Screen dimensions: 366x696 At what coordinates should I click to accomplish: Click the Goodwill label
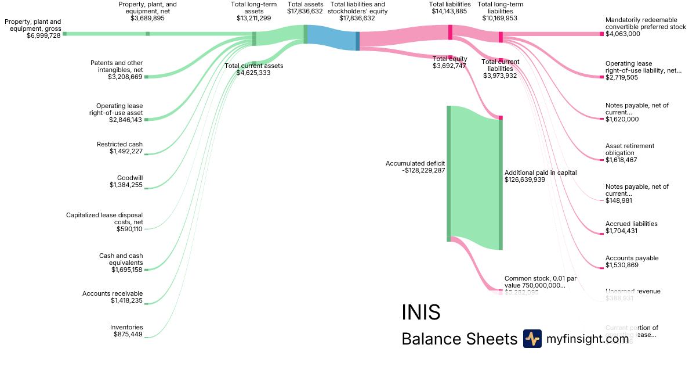click(x=130, y=178)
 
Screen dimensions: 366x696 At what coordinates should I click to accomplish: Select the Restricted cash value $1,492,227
click(x=126, y=152)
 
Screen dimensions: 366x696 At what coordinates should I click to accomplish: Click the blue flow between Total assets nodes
click(x=331, y=36)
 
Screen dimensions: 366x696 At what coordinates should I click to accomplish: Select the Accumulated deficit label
click(x=415, y=163)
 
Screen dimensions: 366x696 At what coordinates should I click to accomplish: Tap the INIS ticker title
click(x=420, y=313)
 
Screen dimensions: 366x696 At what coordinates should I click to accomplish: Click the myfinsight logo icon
click(x=532, y=339)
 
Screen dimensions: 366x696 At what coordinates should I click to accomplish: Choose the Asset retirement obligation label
click(x=630, y=149)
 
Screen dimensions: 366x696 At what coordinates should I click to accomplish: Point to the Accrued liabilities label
click(x=631, y=224)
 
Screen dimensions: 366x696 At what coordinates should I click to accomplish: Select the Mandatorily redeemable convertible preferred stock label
click(x=646, y=23)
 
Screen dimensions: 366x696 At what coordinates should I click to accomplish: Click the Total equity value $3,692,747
click(x=449, y=66)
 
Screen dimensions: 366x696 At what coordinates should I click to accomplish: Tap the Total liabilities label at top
click(x=449, y=4)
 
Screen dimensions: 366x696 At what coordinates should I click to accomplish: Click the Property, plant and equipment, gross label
click(x=32, y=25)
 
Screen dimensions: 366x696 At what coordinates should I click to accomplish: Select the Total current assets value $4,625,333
click(x=253, y=73)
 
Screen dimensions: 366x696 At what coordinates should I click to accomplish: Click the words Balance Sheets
click(x=459, y=339)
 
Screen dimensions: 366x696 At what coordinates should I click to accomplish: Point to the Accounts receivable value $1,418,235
click(x=126, y=301)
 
